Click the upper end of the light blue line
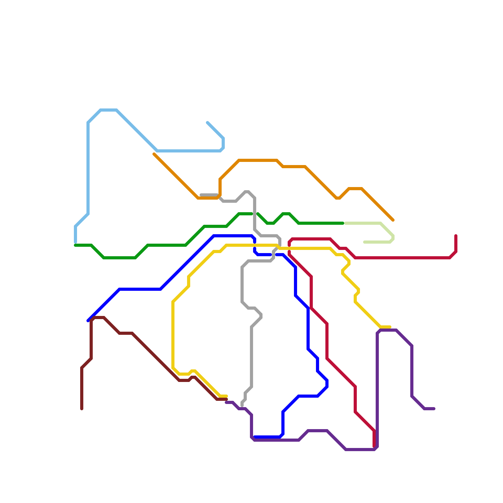(207, 123)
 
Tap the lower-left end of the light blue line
(75, 242)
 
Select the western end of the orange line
(154, 154)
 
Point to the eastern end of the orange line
(393, 220)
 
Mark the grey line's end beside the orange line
(201, 195)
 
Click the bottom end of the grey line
(242, 406)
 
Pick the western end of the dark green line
(75, 245)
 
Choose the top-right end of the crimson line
(456, 236)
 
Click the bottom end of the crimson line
(374, 446)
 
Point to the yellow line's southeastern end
(390, 327)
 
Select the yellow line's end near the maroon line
(226, 396)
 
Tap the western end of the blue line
(88, 321)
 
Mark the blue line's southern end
(255, 437)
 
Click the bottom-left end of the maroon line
(82, 409)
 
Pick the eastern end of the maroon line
(226, 399)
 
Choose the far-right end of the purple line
(434, 409)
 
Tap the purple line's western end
(226, 402)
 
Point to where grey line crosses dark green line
(255, 214)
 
